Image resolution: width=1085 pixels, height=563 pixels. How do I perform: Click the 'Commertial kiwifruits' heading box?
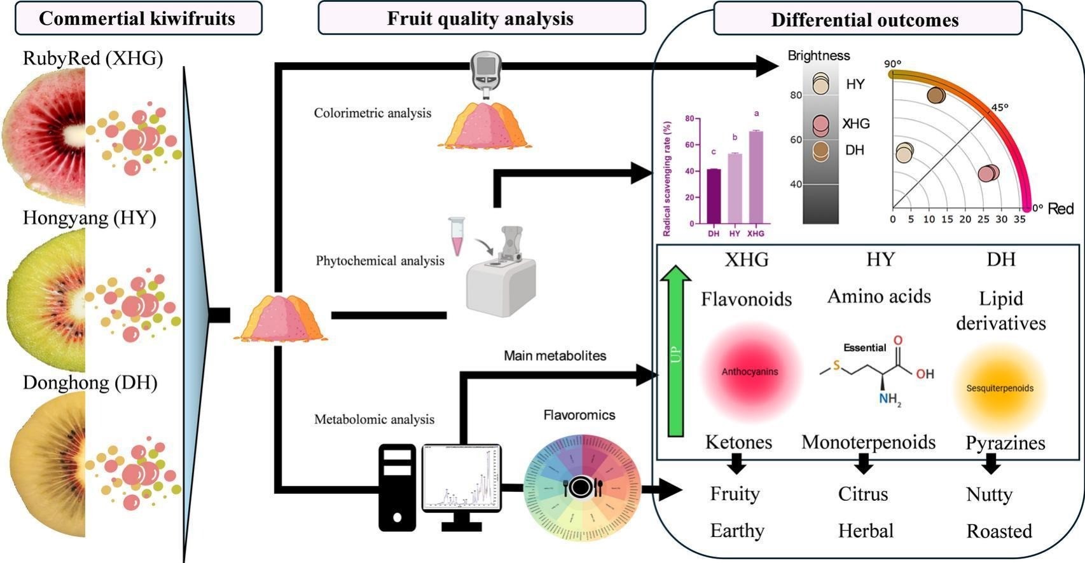pos(137,18)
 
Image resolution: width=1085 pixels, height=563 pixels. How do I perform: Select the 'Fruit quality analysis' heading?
pos(481,18)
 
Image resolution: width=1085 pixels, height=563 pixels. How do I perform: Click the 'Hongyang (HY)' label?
pos(90,218)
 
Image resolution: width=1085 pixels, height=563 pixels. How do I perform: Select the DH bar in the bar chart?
pos(714,196)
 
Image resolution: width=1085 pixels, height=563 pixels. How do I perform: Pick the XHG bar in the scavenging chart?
pos(756,177)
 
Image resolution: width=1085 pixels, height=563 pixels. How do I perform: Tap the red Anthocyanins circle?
pos(749,372)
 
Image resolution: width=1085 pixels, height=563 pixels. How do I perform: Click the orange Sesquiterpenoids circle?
pos(1000,388)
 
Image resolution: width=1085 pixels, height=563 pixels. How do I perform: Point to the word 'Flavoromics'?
pos(579,415)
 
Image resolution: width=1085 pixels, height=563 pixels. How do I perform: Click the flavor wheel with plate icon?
pos(582,487)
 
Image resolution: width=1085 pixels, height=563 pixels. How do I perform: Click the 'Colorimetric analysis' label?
pos(373,113)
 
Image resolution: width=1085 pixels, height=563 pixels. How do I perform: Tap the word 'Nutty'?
pos(989,494)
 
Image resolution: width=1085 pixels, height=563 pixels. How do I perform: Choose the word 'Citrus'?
pos(863,494)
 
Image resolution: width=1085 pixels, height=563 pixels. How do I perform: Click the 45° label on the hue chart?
pos(1000,107)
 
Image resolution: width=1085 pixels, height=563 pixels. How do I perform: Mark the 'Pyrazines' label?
pos(1006,442)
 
